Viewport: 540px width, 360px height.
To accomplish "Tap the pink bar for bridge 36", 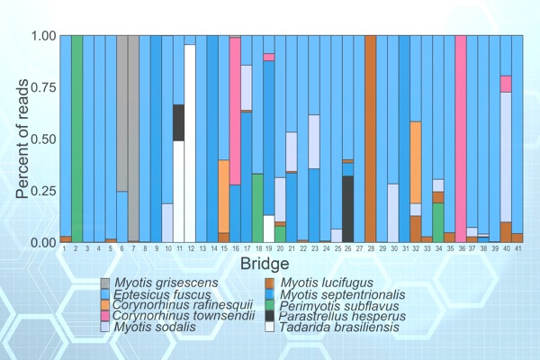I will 461,135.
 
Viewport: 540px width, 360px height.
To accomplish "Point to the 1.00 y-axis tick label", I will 42,36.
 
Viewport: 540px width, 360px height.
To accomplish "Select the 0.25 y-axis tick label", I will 42,191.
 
